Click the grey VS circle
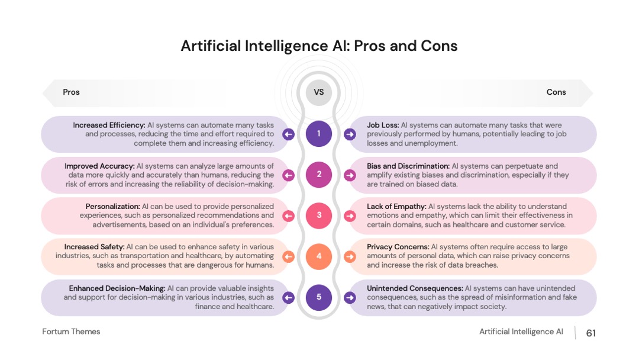[x=319, y=92]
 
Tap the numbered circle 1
[x=319, y=134]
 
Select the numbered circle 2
[x=319, y=175]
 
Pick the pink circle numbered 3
[x=319, y=216]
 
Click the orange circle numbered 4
[x=319, y=256]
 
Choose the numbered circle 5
[x=319, y=297]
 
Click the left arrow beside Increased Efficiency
[x=289, y=134]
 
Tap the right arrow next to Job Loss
[x=350, y=134]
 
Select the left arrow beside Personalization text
[x=289, y=216]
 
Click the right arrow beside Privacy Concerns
[x=350, y=256]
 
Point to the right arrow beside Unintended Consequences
[x=350, y=298]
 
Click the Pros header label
[x=71, y=92]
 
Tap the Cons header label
[x=556, y=92]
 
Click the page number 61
[x=591, y=333]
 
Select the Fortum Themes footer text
[x=71, y=332]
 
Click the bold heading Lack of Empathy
[x=396, y=206]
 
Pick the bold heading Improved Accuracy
[x=99, y=166]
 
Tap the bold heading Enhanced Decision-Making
[x=117, y=288]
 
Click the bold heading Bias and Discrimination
[x=408, y=166]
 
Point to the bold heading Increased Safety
[x=94, y=247]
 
